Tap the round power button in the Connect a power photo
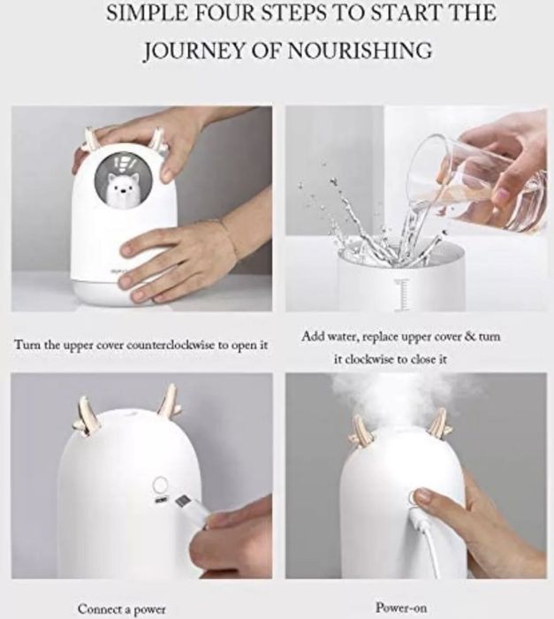point(160,484)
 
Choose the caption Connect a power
point(122,608)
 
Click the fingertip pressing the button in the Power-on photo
point(421,495)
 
